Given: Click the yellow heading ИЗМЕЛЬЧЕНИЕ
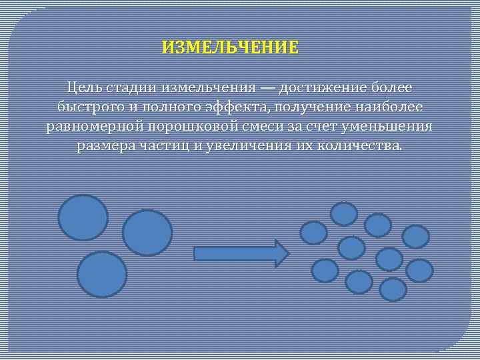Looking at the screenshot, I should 230,48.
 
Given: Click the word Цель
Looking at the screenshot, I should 84,88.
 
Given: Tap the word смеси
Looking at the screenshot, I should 257,127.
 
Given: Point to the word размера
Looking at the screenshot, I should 105,146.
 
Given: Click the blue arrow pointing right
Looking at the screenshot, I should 241,253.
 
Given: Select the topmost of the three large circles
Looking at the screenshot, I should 83,217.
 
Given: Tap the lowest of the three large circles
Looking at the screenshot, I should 102,274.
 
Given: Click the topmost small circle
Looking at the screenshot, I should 344,214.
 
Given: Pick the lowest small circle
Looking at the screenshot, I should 393,289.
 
